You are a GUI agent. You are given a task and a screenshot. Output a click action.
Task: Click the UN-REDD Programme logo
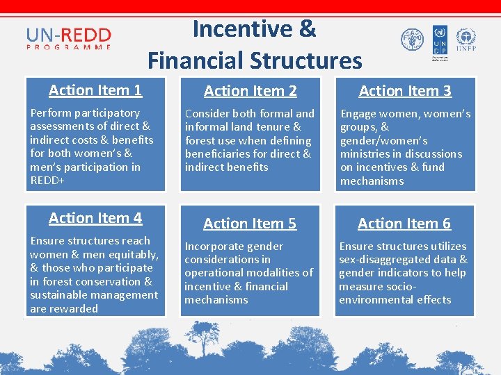click(68, 39)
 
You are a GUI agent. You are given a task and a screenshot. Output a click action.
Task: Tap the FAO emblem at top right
click(412, 39)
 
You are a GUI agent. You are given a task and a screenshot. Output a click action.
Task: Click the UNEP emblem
click(466, 40)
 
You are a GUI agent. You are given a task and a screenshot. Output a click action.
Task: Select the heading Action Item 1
click(95, 90)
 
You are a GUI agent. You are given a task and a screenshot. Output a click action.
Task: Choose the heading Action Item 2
click(250, 91)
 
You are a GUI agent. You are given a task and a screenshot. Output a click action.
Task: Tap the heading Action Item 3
click(405, 91)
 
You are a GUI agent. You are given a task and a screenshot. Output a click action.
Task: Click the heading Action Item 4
click(95, 218)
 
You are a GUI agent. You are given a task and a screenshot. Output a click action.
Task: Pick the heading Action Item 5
click(250, 224)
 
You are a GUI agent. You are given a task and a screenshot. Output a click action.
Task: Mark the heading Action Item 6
click(404, 224)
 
